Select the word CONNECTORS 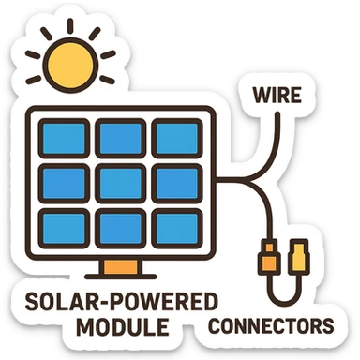click(x=270, y=327)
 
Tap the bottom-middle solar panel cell click(x=121, y=226)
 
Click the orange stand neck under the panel click(x=116, y=266)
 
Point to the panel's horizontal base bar click(x=117, y=278)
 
